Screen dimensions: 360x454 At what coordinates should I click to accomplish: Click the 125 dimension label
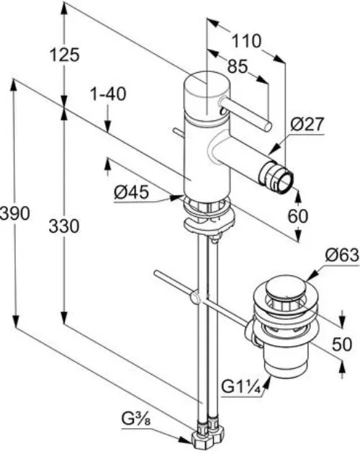(x=64, y=55)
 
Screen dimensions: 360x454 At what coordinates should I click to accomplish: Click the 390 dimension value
(x=14, y=213)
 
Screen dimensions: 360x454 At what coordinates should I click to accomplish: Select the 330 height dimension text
(x=63, y=226)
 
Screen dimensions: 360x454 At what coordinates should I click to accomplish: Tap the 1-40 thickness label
(x=109, y=94)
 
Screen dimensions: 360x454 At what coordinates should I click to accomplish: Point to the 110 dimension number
(x=246, y=41)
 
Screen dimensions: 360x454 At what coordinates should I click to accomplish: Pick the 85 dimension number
(x=238, y=66)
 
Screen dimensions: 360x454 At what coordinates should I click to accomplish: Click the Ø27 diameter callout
(x=307, y=125)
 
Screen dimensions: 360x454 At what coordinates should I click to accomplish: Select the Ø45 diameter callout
(x=131, y=192)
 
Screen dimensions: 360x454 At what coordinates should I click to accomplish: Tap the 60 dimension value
(x=298, y=215)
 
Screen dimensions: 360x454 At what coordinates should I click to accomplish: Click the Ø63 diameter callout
(x=342, y=255)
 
